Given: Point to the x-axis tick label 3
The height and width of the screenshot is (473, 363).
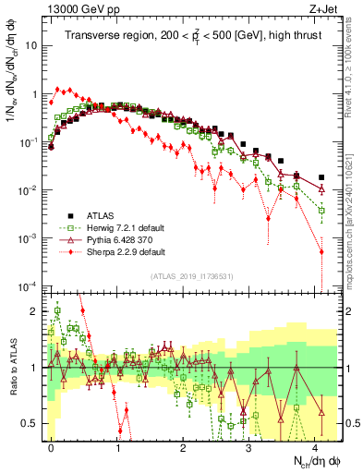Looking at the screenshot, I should (248, 444).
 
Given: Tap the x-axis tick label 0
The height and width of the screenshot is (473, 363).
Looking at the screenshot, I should (52, 444).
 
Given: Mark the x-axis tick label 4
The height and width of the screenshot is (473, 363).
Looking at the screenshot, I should (314, 444).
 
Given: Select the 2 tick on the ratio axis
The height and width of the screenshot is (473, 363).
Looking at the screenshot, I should (37, 311).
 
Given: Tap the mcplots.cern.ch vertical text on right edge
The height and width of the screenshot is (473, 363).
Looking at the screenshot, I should (355, 222).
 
